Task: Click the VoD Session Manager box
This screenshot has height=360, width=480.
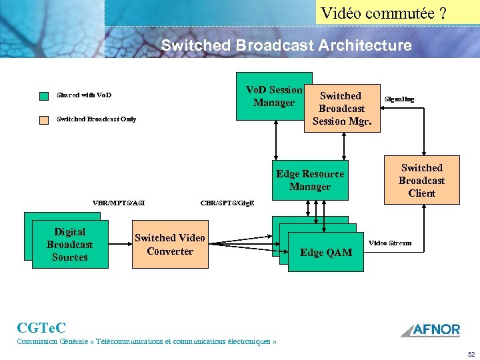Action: [273, 96]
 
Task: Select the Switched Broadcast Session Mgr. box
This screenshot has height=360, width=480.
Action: [341, 108]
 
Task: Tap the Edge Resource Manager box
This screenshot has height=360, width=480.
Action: [310, 180]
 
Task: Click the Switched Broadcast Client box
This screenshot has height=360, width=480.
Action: [421, 180]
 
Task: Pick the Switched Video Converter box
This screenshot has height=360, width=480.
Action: [169, 244]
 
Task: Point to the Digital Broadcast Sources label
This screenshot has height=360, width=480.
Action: [69, 245]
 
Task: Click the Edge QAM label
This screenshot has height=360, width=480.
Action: [326, 253]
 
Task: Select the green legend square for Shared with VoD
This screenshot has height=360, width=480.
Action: [44, 96]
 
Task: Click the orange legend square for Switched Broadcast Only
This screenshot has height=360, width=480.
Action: [44, 120]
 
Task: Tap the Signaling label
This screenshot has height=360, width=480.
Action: [399, 99]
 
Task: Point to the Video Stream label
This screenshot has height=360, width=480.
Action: [390, 243]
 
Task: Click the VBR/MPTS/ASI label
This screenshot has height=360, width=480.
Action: [119, 203]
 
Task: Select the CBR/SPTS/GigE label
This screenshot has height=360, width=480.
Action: [227, 203]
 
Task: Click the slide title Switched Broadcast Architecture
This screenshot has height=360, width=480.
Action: [286, 45]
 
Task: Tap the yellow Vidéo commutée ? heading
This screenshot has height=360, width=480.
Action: [383, 13]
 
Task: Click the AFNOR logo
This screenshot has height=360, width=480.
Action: [430, 329]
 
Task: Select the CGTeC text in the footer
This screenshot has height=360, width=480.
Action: [41, 327]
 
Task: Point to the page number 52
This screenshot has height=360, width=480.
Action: [471, 355]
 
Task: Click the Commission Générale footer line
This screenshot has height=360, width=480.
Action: [147, 341]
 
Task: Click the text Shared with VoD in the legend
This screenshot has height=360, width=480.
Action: [84, 95]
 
